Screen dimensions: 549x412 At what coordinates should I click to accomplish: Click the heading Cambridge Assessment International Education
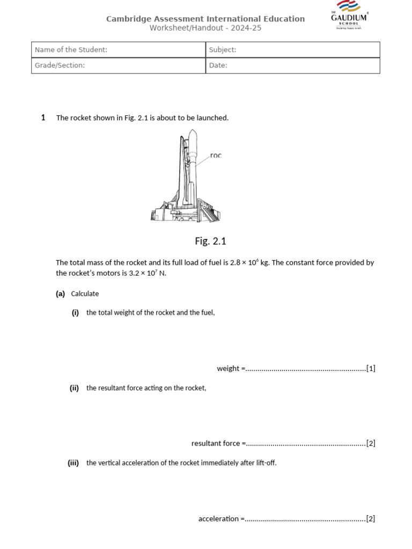pos(205,19)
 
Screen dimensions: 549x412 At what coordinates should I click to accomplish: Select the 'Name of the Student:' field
pos(118,50)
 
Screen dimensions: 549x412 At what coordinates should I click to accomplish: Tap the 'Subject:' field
pos(292,50)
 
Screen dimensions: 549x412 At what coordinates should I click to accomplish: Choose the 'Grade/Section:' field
pos(118,65)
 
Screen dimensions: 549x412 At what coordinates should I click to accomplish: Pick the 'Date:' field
pos(292,65)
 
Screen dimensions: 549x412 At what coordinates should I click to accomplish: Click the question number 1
pos(43,117)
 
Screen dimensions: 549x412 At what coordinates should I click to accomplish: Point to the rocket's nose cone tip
pos(193,130)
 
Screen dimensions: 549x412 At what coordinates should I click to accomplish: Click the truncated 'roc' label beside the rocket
pos(216,155)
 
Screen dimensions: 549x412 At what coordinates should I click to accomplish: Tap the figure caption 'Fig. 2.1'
pos(210,241)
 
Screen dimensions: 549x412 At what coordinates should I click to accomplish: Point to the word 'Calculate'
pos(85,294)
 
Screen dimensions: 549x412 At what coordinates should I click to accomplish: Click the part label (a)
pos(60,294)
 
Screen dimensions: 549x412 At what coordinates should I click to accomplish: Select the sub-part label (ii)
pos(74,388)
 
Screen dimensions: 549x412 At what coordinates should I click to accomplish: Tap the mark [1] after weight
pos(371,368)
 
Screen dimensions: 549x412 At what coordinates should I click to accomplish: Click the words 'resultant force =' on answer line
pos(218,443)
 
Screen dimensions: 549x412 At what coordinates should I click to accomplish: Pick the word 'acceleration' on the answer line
pos(218,518)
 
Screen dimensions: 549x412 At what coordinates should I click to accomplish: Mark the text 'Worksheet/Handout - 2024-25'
pos(205,28)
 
